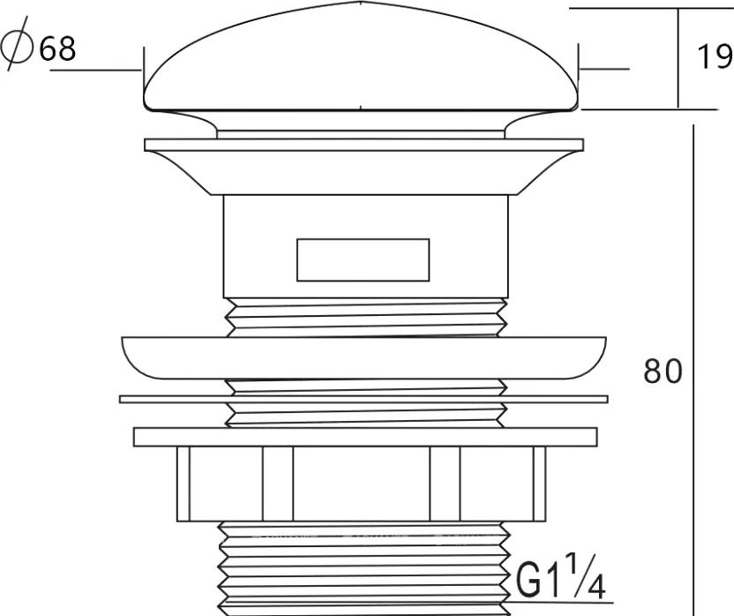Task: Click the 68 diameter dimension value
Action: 57,49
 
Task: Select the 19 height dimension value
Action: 715,56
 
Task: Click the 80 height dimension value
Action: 663,371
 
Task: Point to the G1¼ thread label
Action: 561,575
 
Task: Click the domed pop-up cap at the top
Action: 361,58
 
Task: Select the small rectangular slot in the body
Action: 363,260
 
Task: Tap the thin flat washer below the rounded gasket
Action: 363,399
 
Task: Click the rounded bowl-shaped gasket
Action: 363,358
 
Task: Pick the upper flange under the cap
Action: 363,166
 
